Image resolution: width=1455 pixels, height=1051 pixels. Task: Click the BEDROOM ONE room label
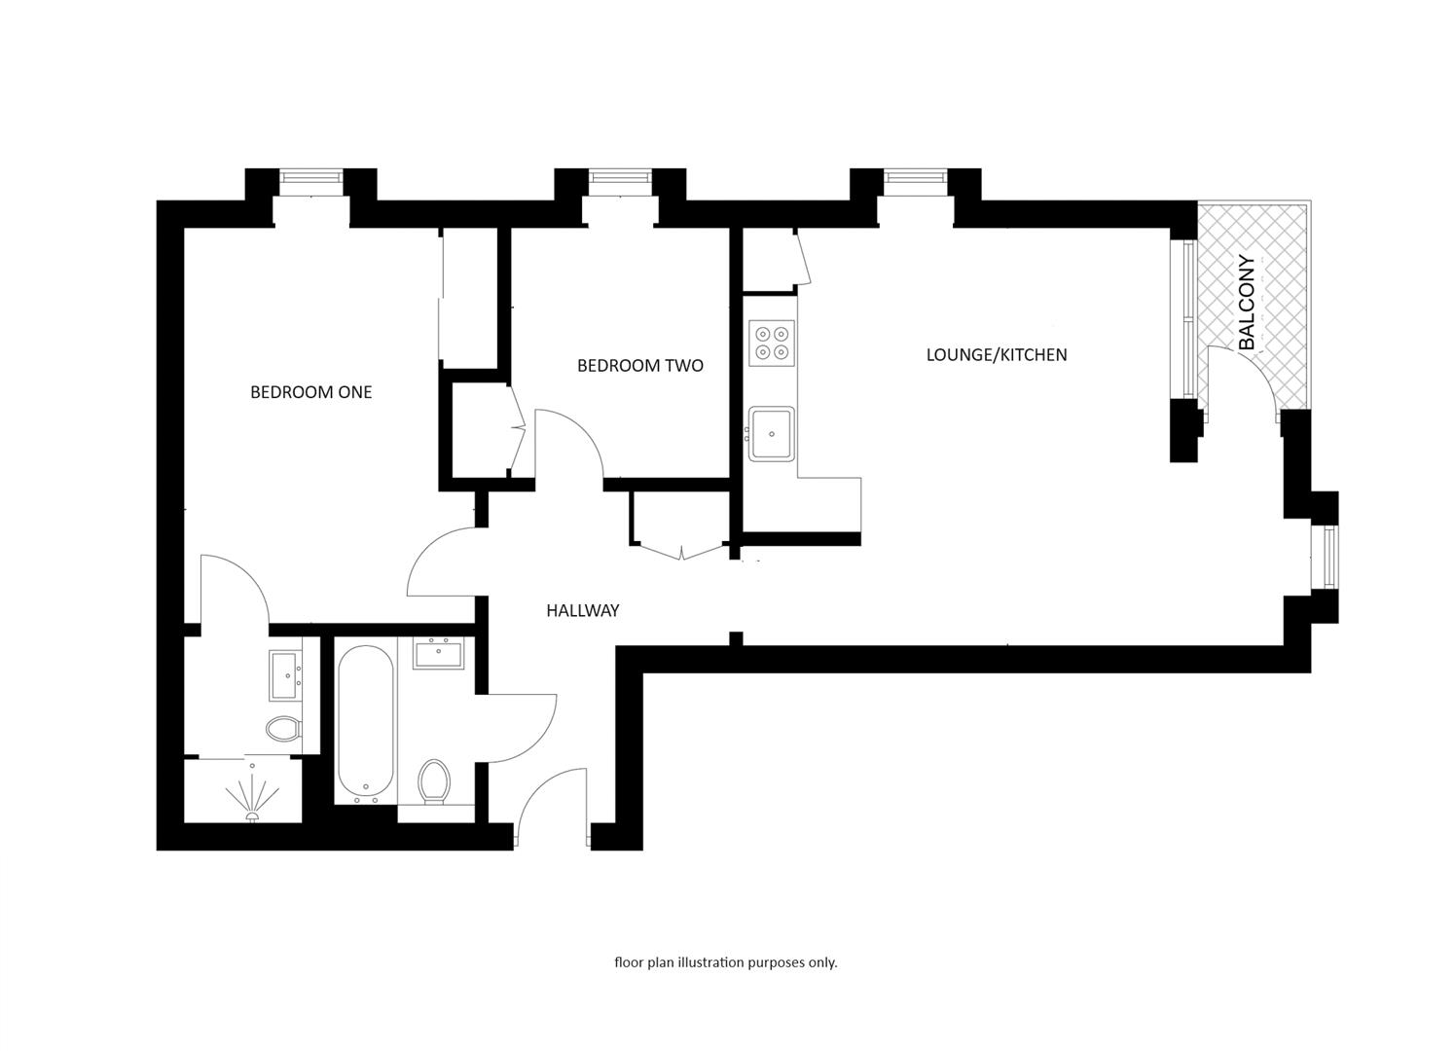(310, 392)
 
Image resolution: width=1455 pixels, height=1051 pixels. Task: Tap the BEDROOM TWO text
(639, 366)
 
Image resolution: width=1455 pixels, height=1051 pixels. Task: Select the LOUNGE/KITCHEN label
(996, 355)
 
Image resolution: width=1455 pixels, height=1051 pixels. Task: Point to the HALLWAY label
(582, 611)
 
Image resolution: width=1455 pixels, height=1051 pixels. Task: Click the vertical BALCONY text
(1247, 303)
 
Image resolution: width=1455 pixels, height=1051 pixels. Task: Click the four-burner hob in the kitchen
(772, 343)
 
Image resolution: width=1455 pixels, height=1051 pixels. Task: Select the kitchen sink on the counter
(771, 433)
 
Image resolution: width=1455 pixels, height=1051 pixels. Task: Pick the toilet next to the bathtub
(434, 781)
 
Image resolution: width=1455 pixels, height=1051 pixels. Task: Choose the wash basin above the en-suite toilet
(286, 675)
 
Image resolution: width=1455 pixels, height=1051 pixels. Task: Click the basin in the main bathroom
(439, 653)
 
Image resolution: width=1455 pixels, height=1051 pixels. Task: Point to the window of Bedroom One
(310, 179)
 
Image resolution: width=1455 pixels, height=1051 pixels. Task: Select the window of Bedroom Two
(619, 179)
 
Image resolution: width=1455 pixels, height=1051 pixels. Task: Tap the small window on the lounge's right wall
(1329, 557)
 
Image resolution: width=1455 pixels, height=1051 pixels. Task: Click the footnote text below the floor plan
(725, 962)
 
